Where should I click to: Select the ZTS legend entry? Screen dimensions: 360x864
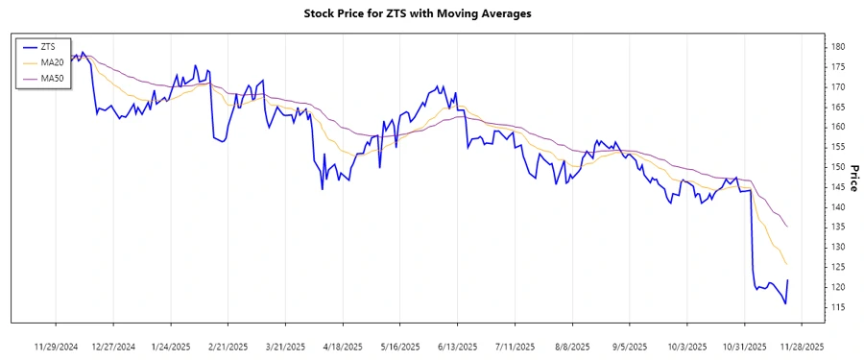tap(48, 45)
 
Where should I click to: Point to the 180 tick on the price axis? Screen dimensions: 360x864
tap(837, 46)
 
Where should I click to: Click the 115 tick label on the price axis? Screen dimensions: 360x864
tap(837, 307)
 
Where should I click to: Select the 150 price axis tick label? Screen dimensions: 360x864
tap(837, 167)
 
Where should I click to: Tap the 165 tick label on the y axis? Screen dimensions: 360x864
tap(837, 107)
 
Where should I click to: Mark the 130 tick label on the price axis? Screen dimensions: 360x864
tap(837, 247)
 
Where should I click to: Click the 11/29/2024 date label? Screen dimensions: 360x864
tap(57, 346)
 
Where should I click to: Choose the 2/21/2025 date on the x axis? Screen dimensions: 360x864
tap(228, 346)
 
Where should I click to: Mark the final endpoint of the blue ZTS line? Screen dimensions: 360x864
tap(788, 280)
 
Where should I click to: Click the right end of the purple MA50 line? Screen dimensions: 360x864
tap(788, 227)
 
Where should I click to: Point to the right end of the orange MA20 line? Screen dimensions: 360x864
tap(788, 264)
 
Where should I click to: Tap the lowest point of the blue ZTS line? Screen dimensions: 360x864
tap(785, 304)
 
